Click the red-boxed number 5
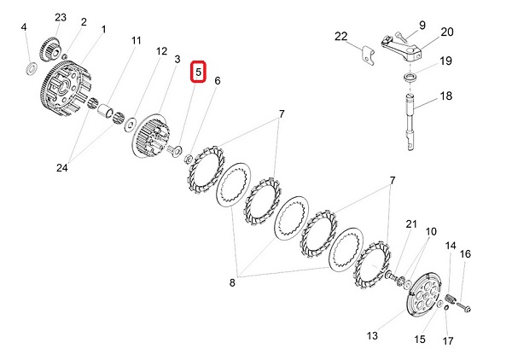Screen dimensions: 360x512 click(x=197, y=73)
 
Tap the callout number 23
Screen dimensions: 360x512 click(x=60, y=17)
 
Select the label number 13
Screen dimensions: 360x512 click(x=372, y=335)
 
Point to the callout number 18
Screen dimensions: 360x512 click(x=445, y=97)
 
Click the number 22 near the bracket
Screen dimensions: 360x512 click(x=341, y=36)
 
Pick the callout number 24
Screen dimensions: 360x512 click(x=61, y=167)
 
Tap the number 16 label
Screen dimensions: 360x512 click(x=465, y=253)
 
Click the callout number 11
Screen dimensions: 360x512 click(x=137, y=40)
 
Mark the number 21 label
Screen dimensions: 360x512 click(x=410, y=224)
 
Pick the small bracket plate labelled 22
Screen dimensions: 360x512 click(x=367, y=54)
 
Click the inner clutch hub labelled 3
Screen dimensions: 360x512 click(x=154, y=136)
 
